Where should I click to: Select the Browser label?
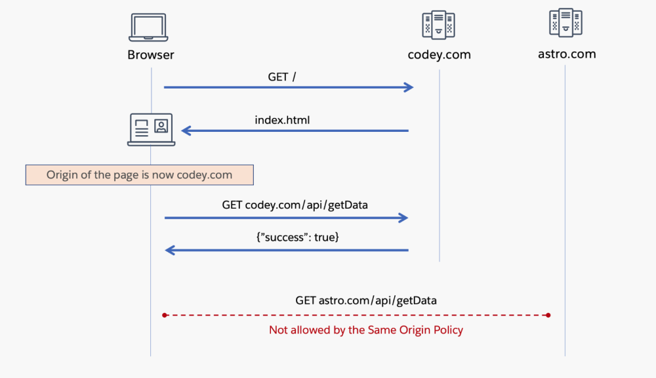click(x=151, y=55)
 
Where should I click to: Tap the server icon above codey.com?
click(x=438, y=26)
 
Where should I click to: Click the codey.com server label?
click(x=439, y=55)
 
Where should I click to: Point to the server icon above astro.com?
click(x=565, y=23)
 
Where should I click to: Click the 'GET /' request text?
click(x=282, y=77)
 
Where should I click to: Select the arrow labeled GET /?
click(x=289, y=87)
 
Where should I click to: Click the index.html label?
click(x=282, y=120)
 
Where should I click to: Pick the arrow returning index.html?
click(x=295, y=131)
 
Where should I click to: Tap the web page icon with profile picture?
click(x=151, y=129)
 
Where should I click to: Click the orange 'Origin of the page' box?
click(x=139, y=175)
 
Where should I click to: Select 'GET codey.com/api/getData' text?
click(x=295, y=205)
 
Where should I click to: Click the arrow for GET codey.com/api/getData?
click(x=286, y=218)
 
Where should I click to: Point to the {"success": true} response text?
click(x=297, y=238)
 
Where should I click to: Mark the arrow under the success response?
click(x=286, y=250)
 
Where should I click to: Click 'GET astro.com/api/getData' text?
click(x=366, y=301)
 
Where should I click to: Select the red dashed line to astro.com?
click(x=356, y=315)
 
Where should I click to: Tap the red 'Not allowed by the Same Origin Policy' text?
click(x=366, y=330)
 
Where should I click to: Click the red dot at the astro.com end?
click(x=548, y=315)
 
